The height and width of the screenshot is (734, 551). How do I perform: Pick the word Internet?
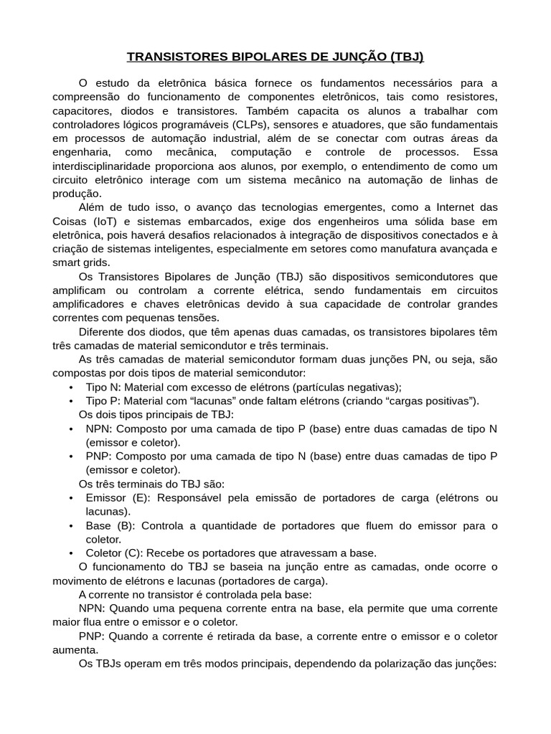point(452,208)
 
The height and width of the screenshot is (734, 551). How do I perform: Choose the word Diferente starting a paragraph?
point(102,332)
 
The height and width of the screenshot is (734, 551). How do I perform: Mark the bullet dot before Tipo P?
point(71,401)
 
